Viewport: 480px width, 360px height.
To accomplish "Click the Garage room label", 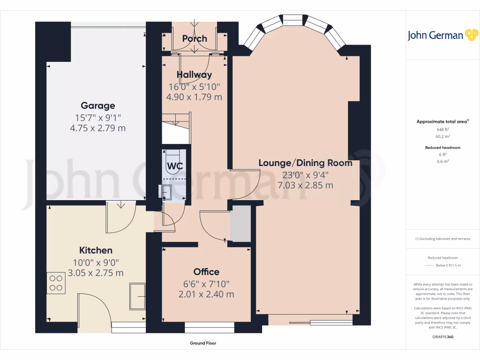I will [x=97, y=106].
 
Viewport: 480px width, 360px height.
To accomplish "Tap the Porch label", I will [x=195, y=38].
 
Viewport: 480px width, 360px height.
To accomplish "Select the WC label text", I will [x=175, y=166].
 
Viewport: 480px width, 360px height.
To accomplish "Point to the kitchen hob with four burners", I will [x=56, y=283].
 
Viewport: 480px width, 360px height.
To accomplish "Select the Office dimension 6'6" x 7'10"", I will [x=206, y=284].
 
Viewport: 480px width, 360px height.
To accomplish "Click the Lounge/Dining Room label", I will [x=305, y=163].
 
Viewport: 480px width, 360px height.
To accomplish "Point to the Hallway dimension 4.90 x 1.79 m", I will [x=194, y=97].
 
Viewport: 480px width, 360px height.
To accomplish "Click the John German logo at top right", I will [x=442, y=35].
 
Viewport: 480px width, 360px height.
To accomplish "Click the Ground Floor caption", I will [x=203, y=343].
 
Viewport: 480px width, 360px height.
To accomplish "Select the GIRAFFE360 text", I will [x=442, y=337].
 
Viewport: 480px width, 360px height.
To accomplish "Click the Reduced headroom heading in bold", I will [x=442, y=148].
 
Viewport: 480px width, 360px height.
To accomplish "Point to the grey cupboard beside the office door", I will [x=240, y=225].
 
